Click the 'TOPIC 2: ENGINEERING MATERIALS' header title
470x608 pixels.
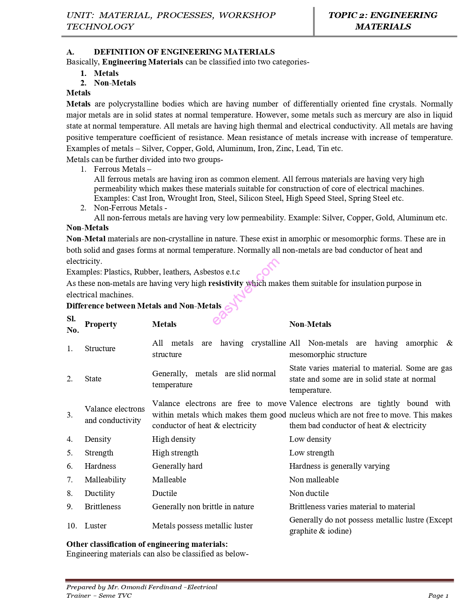click(383, 21)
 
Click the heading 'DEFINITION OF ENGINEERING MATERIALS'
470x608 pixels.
click(184, 52)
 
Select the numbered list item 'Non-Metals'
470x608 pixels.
click(115, 83)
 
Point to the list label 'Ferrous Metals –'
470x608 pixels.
click(122, 169)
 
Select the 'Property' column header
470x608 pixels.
click(101, 324)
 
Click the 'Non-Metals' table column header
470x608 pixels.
click(310, 324)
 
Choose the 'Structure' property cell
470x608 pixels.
click(100, 349)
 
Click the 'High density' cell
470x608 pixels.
click(174, 439)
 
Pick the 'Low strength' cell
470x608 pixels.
click(311, 453)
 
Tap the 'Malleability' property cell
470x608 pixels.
click(105, 480)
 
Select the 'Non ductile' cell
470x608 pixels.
click(309, 493)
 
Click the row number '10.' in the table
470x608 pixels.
click(72, 526)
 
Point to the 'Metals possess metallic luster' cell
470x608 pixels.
click(202, 526)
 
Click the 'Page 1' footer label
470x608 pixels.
click(438, 596)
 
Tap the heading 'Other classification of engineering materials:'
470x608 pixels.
click(147, 544)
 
